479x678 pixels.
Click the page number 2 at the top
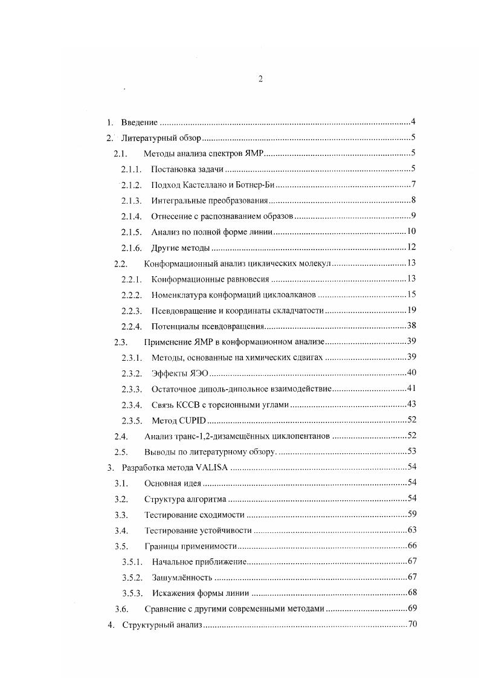pyautogui.click(x=260, y=79)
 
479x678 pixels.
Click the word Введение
pyautogui.click(x=140, y=122)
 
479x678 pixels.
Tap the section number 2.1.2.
pyautogui.click(x=131, y=185)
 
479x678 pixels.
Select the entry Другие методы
pyautogui.click(x=181, y=248)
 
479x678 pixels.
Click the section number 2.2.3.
pyautogui.click(x=131, y=311)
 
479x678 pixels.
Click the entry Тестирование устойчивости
pyautogui.click(x=198, y=531)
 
